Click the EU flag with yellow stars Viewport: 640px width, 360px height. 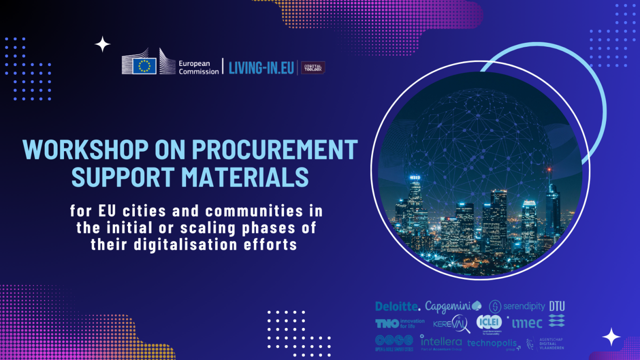144,65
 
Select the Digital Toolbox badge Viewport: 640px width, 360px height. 313,68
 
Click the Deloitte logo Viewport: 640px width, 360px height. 397,306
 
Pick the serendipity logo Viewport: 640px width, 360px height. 517,306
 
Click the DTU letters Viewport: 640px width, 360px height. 557,306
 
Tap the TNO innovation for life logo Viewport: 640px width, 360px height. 399,324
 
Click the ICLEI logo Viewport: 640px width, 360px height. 489,323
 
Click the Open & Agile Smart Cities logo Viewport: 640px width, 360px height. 393,343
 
